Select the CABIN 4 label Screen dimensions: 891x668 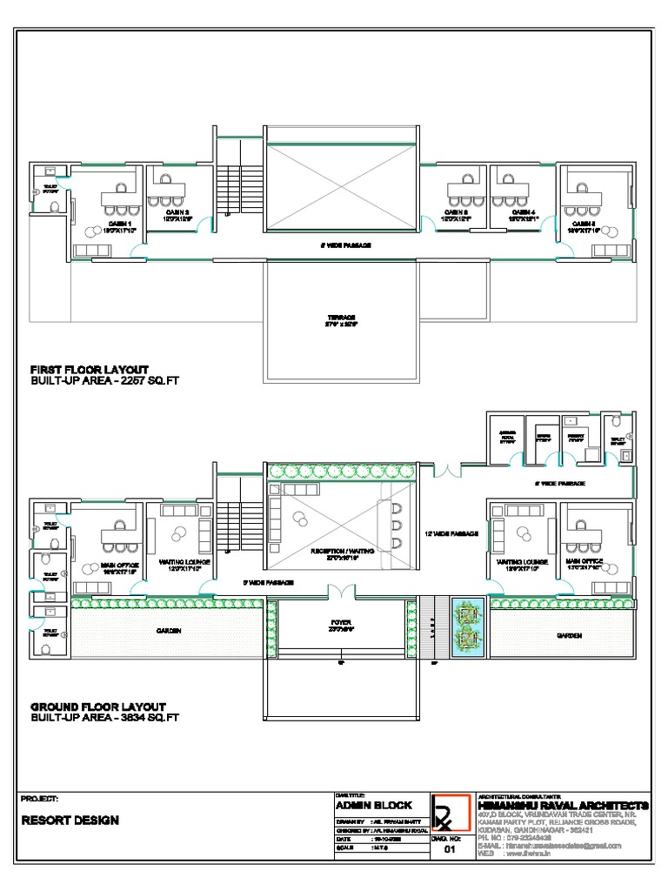pos(523,213)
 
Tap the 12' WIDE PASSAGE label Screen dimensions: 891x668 pos(451,533)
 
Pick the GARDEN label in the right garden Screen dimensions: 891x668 pos(569,636)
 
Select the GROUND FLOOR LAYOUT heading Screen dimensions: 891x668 pos(97,706)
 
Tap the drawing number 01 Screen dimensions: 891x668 pos(450,849)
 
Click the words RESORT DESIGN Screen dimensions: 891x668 pos(70,821)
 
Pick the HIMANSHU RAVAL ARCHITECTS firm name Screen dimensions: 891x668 pos(563,805)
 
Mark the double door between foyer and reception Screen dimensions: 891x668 pos(340,592)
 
